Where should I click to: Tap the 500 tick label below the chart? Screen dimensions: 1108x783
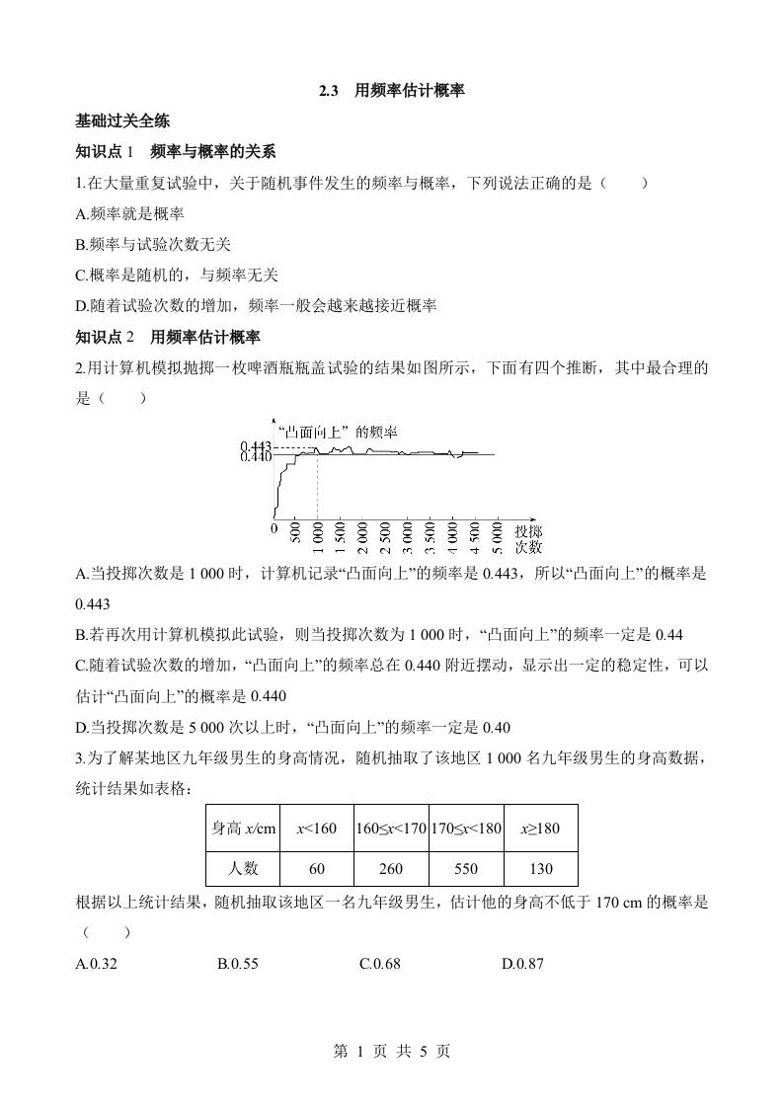(295, 533)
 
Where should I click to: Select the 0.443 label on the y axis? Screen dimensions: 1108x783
(256, 448)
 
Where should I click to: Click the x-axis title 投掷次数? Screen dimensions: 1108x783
(527, 538)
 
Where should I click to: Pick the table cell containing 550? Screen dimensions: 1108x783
(466, 868)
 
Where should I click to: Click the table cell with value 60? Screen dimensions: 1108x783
(317, 868)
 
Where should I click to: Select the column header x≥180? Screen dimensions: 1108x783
(540, 828)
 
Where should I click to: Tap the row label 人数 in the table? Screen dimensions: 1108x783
(242, 868)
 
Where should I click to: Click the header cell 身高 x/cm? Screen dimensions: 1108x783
(242, 828)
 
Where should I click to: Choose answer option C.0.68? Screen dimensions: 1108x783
(380, 964)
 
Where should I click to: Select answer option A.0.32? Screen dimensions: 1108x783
(97, 964)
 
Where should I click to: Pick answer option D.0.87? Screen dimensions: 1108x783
(522, 964)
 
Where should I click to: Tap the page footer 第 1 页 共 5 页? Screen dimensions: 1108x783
(391, 1052)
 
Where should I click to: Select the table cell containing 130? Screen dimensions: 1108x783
(540, 868)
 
